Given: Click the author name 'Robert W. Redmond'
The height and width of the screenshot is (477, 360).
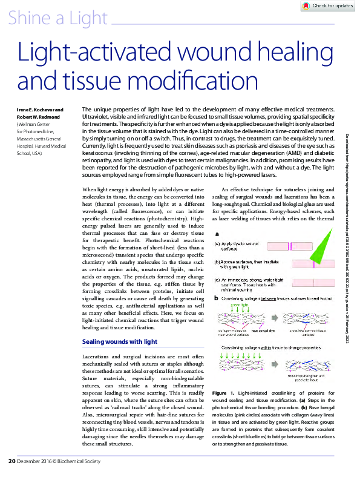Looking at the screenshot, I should point(38,115).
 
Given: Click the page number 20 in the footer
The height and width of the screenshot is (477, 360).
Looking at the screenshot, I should point(11,462).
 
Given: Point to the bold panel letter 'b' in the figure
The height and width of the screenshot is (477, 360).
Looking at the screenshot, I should point(217,298).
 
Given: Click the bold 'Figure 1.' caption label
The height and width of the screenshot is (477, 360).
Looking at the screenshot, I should point(224,393).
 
